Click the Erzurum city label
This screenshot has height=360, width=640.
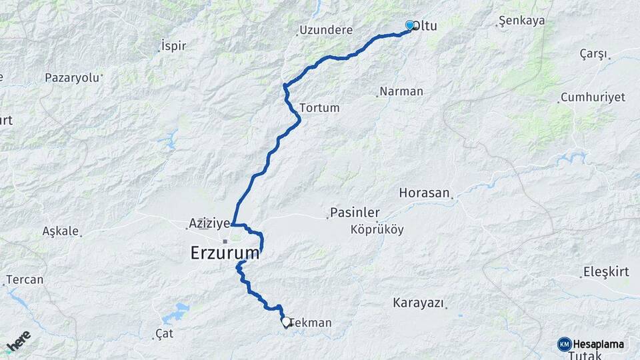225,253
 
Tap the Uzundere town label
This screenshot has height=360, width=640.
325,30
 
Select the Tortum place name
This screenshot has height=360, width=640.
320,107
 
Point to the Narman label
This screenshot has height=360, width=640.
401,91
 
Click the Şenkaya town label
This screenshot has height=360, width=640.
522,21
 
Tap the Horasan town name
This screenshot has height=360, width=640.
424,193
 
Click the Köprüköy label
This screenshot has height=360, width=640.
377,229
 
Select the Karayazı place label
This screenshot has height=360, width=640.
419,303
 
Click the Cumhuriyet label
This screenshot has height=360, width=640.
593,97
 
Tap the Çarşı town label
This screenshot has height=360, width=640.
593,53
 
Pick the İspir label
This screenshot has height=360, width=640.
173,46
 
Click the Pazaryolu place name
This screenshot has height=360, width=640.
71,77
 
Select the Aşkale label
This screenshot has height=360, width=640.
61,231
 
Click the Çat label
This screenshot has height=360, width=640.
164,333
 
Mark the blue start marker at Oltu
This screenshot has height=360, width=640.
409,25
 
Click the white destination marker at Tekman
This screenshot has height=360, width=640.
286,322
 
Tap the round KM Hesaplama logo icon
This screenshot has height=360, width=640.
565,344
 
